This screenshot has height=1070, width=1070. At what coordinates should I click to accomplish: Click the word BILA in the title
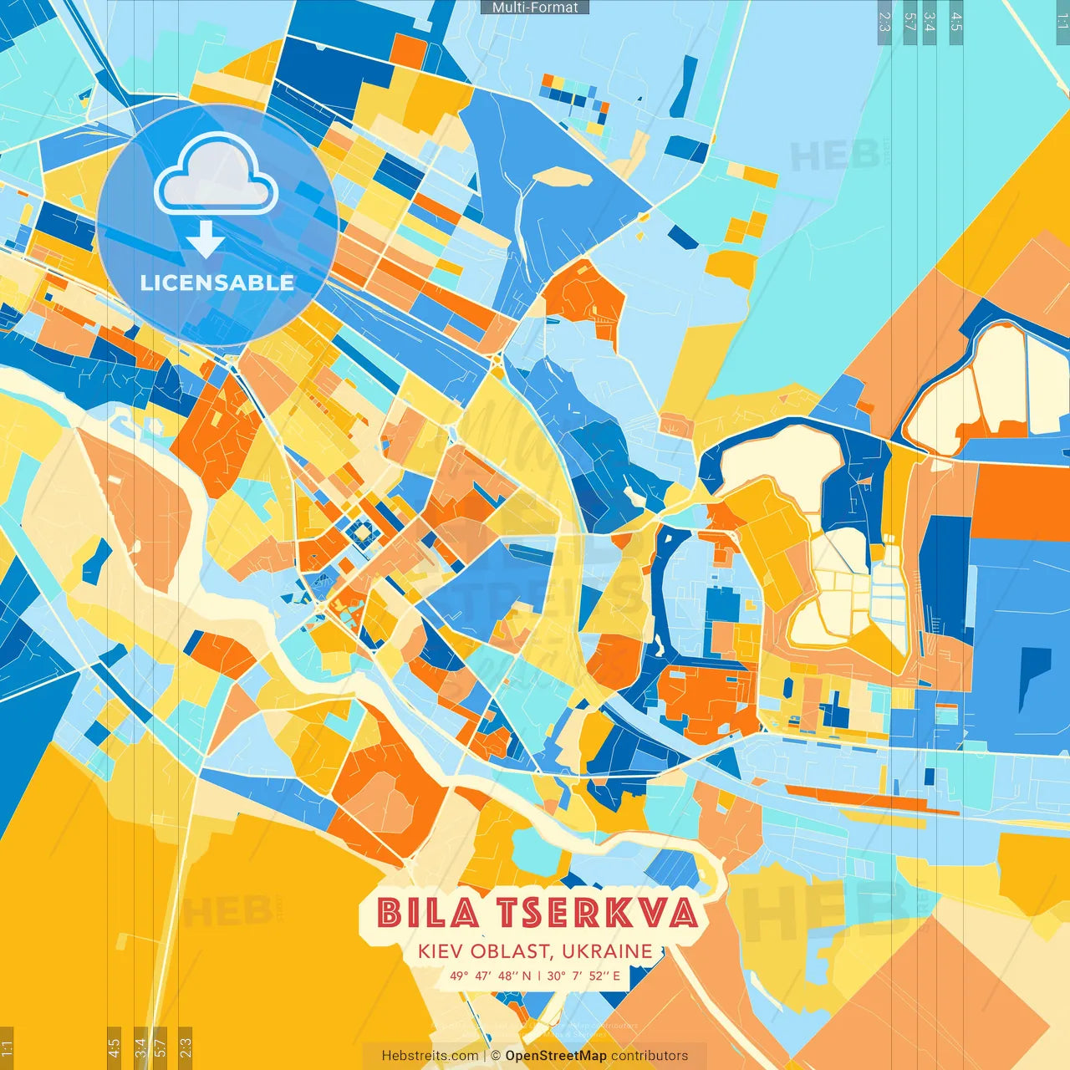click(428, 913)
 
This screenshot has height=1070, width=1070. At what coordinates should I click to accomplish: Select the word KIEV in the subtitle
click(441, 951)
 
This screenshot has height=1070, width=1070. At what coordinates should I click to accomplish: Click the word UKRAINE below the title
click(607, 951)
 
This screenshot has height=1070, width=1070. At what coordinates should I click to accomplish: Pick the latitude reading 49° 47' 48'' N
click(490, 976)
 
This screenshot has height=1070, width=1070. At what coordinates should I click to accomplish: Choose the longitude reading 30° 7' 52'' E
click(584, 976)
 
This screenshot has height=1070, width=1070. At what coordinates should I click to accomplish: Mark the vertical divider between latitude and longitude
click(539, 976)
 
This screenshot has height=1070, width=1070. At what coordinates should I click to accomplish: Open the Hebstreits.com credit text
click(431, 1056)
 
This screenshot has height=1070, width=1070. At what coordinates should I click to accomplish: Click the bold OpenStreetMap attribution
click(556, 1056)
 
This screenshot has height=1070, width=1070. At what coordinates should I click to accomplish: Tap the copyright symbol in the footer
click(495, 1056)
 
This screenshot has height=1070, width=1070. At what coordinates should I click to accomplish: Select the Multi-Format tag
click(535, 8)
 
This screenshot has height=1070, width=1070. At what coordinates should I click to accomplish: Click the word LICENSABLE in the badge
click(217, 283)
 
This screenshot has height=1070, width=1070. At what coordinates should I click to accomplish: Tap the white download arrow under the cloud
click(206, 241)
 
